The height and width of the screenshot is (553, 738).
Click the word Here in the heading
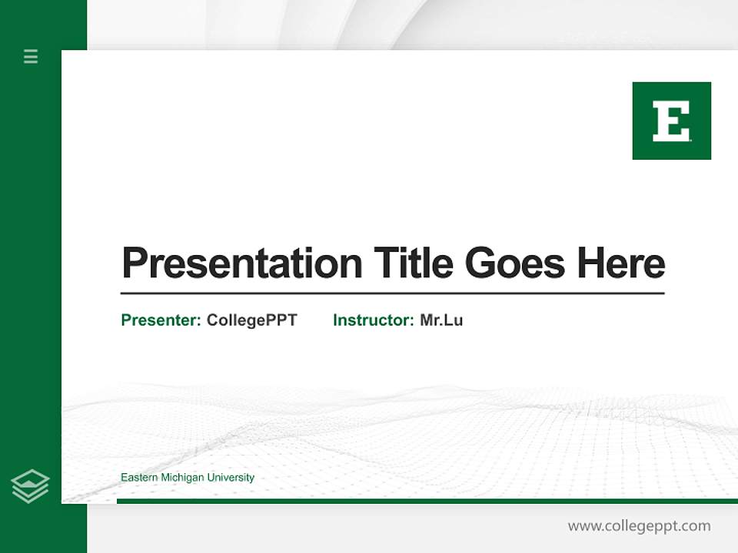tap(621, 263)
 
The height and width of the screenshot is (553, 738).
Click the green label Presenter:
tap(161, 320)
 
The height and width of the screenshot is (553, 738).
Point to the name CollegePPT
tap(251, 320)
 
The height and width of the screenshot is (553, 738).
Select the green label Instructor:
tap(373, 320)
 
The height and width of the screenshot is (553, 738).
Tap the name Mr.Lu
tap(441, 320)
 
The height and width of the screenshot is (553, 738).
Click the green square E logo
tap(671, 121)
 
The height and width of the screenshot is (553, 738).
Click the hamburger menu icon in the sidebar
tap(31, 56)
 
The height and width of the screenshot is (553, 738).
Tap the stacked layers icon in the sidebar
tap(30, 486)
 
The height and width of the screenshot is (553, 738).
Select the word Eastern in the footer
tap(138, 478)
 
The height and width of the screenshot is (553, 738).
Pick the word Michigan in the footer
tap(183, 478)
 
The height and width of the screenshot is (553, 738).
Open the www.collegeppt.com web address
tap(639, 526)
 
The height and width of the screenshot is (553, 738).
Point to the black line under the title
tap(392, 293)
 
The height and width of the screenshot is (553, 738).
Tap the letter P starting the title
tap(134, 263)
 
